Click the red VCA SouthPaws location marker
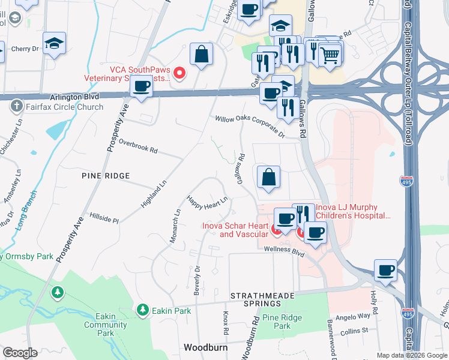[x=179, y=74]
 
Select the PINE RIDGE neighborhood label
[x=106, y=176]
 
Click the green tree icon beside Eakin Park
[x=142, y=310]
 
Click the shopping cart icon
[x=330, y=55]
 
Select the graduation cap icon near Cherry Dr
[x=55, y=43]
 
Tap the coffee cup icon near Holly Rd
[x=386, y=270]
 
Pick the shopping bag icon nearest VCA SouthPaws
[x=202, y=54]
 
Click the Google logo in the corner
[x=20, y=353]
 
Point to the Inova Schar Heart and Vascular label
[x=235, y=230]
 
